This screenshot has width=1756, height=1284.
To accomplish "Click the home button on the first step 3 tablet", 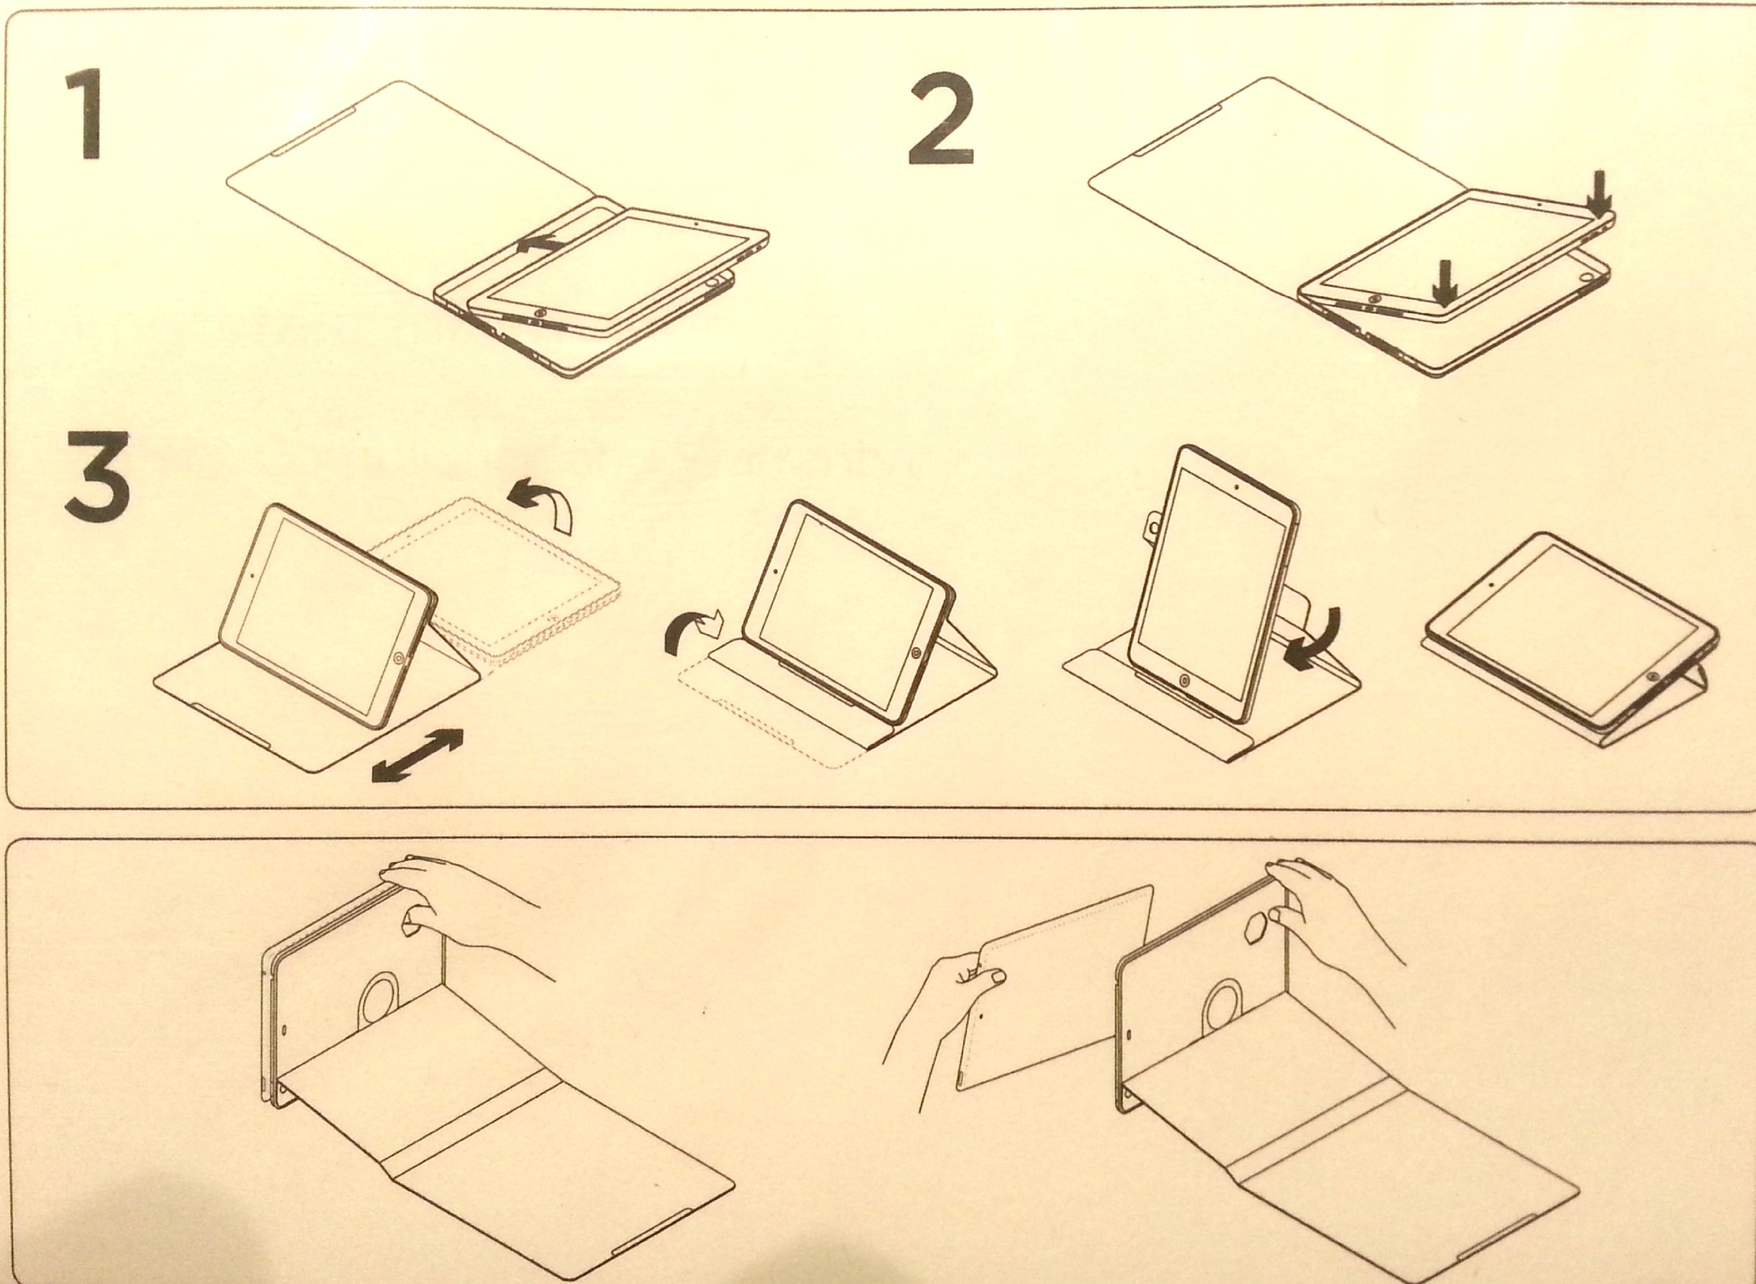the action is click(399, 658).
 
